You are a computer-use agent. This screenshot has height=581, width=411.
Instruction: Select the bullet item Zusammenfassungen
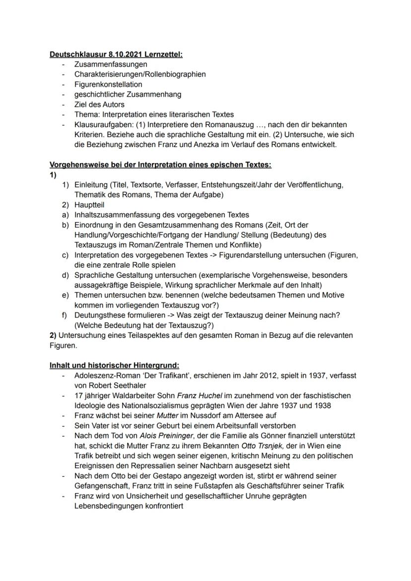click(x=110, y=64)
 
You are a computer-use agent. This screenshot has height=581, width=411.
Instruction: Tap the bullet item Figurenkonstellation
click(x=108, y=84)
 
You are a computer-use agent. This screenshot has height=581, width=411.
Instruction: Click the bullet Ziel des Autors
click(x=99, y=104)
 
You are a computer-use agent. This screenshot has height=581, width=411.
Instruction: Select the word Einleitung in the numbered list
click(x=91, y=185)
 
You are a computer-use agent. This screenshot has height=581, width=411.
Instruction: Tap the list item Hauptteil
click(x=89, y=205)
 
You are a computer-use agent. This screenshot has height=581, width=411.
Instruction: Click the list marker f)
click(x=65, y=315)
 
